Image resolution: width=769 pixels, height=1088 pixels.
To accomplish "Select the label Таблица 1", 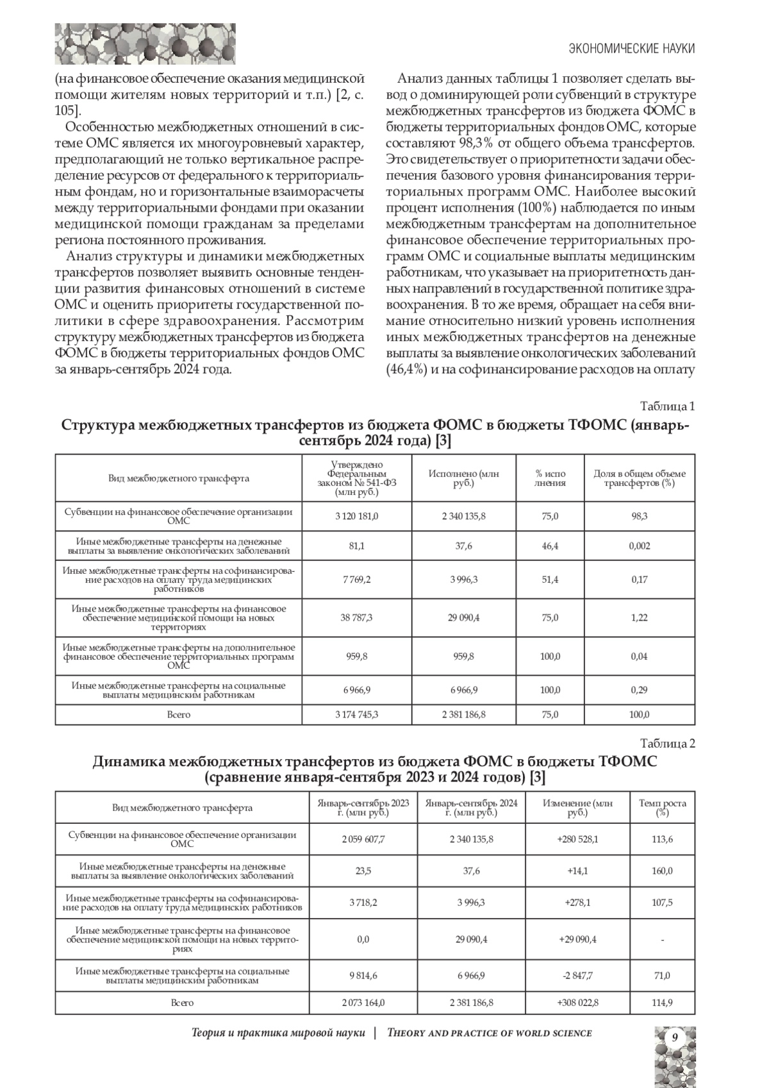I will [668, 406].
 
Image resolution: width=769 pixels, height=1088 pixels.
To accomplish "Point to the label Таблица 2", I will [668, 743].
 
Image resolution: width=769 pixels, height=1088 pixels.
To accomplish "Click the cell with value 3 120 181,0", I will [356, 516].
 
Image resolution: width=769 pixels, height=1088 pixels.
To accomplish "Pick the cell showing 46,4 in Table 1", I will [550, 546].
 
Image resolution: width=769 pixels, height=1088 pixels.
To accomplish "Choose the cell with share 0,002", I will [639, 546].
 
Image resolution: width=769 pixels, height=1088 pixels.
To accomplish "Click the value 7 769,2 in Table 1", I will [356, 580].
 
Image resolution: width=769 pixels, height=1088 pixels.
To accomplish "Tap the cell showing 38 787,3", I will [356, 617].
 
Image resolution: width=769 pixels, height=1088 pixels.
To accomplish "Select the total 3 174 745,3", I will [356, 714].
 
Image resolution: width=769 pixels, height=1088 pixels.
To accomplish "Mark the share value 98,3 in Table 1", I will [639, 516].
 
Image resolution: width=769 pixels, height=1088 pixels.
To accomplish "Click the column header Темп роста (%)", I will [662, 807].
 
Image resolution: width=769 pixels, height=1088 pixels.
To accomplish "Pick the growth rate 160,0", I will [662, 871].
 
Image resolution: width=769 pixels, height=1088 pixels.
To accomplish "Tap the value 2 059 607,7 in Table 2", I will [363, 839].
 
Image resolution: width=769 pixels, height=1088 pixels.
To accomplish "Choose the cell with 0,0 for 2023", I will [363, 939].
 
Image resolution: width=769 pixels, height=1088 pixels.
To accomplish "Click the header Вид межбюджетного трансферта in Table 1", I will [179, 478].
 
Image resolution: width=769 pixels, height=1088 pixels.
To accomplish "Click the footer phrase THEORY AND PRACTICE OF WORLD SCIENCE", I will [490, 1033].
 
